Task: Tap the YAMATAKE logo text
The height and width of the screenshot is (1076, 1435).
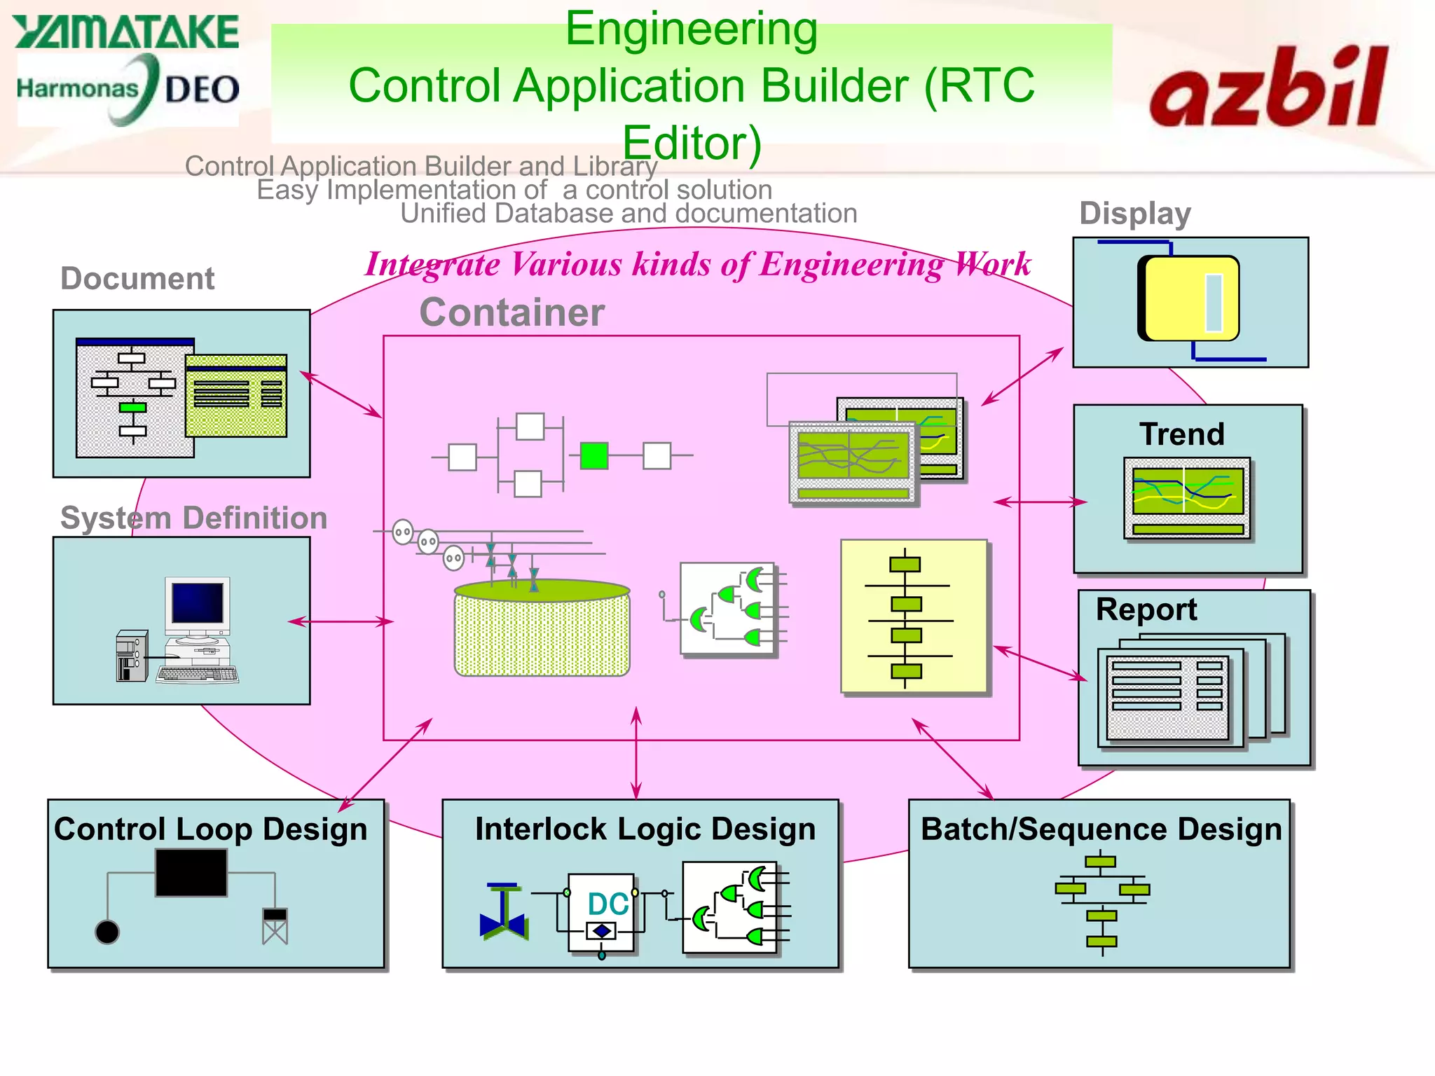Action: coord(126,32)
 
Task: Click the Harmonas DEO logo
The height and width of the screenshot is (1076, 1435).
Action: coord(128,90)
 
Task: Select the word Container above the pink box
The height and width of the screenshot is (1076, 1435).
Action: coord(511,312)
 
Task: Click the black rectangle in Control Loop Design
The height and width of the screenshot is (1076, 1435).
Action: coord(191,873)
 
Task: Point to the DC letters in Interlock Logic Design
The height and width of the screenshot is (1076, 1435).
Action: coord(607,904)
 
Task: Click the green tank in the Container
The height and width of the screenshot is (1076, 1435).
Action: coord(542,628)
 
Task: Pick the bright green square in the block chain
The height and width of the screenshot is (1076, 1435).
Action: coord(594,456)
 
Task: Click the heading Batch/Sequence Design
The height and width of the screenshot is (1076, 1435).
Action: coord(1101,829)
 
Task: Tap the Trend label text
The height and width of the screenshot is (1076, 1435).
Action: coord(1181,434)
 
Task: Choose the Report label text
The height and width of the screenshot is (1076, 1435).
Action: coord(1146,609)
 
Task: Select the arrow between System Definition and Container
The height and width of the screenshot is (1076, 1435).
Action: coord(341,621)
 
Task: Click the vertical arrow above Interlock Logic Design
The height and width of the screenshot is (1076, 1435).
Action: coord(636,753)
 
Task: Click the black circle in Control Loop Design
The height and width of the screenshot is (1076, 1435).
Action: coord(107,932)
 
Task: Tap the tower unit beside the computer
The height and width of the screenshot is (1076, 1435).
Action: coord(132,656)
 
